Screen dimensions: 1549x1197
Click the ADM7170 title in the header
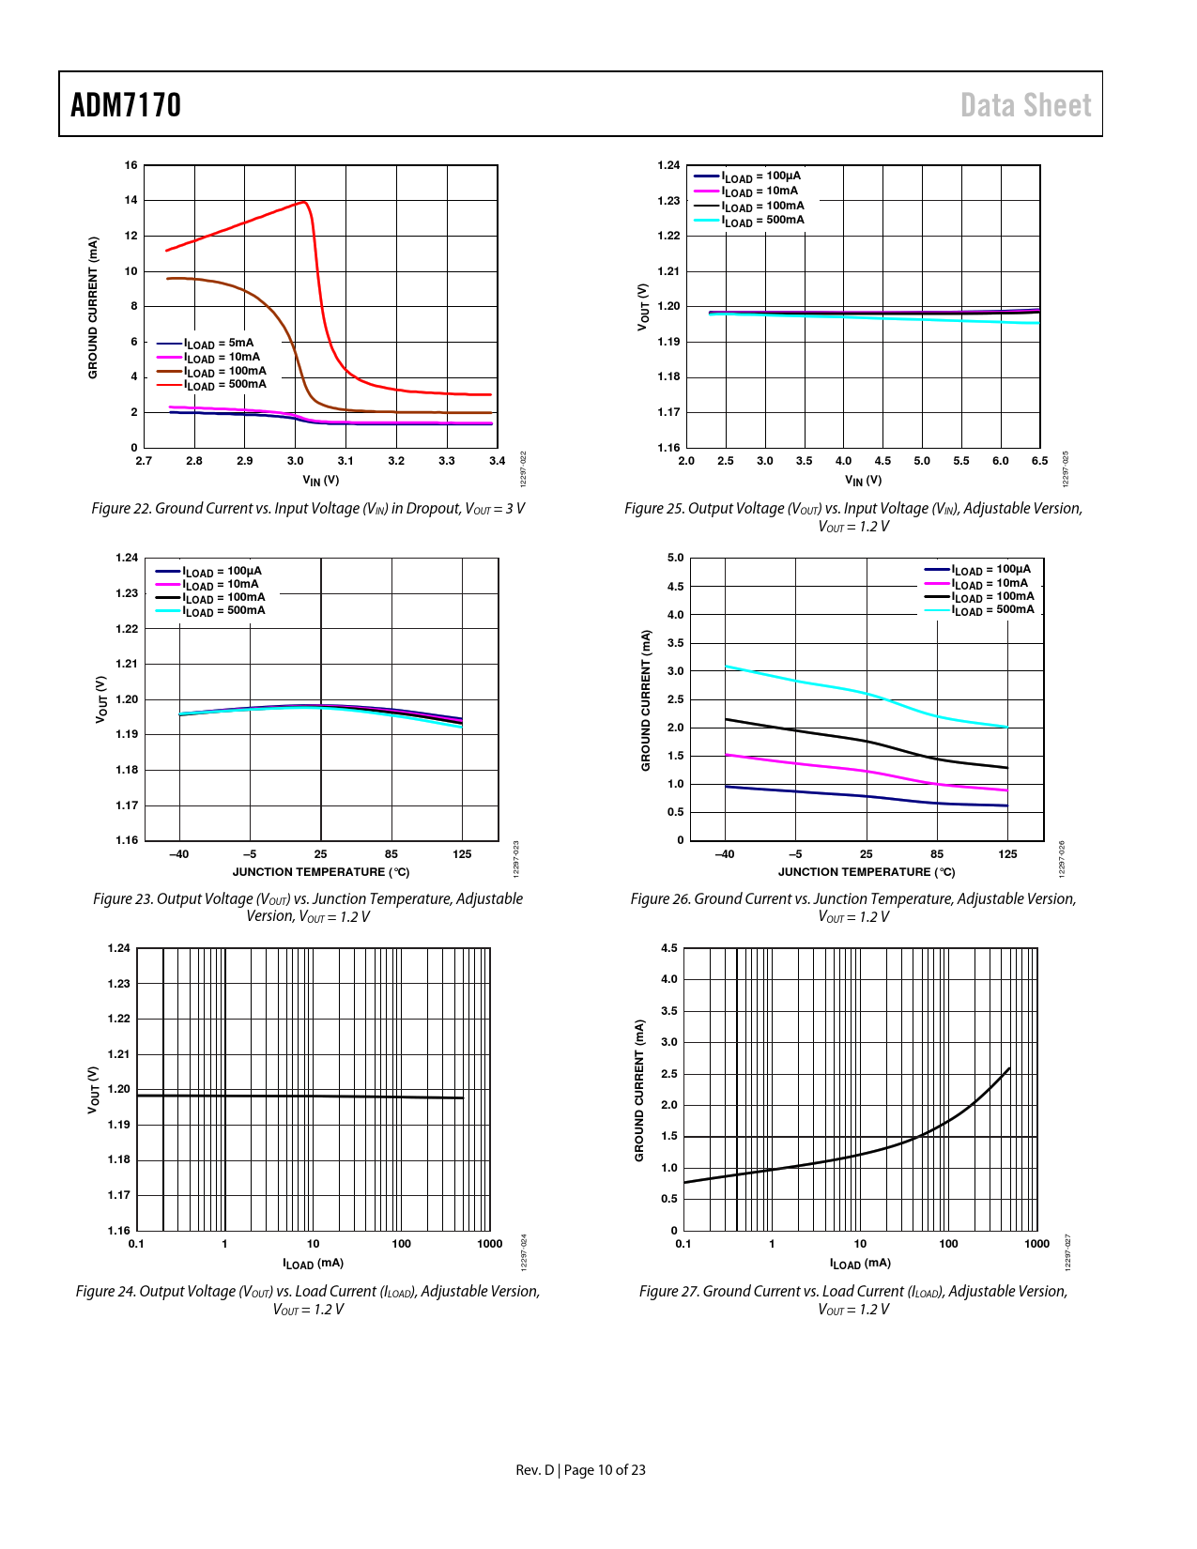[x=126, y=105]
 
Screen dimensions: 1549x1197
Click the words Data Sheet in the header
[x=1025, y=105]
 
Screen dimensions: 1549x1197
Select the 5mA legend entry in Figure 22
[x=219, y=344]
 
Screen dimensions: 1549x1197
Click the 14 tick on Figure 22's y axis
[x=130, y=200]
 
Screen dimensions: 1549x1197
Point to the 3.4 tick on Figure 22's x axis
[x=497, y=461]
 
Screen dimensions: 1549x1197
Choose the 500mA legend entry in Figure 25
[x=762, y=221]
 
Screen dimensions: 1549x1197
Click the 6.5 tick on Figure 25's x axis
[x=1039, y=461]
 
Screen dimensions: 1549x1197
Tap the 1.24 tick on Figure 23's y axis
[x=127, y=558]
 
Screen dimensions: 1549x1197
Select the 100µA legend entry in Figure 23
[x=223, y=571]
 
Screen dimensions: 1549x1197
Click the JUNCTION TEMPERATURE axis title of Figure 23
[x=321, y=872]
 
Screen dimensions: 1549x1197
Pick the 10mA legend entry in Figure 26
[x=990, y=583]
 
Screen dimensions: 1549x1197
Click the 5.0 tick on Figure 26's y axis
[x=675, y=558]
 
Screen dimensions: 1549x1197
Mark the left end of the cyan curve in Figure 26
[x=726, y=667]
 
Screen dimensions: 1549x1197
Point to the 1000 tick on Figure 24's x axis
[x=489, y=1244]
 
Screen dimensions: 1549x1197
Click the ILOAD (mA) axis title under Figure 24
[x=313, y=1264]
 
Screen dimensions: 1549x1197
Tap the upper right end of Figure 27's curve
[x=1009, y=1068]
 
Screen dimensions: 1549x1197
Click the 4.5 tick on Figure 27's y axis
[x=668, y=948]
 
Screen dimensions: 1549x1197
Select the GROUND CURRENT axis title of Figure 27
[x=639, y=1090]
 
